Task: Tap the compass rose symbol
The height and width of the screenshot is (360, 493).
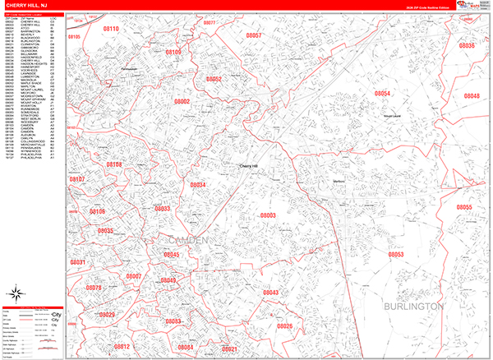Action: (16, 294)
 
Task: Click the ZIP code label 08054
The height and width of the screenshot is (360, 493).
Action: (381, 94)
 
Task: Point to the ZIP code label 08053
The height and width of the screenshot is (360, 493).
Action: (397, 254)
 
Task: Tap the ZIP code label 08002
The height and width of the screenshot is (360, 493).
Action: (182, 102)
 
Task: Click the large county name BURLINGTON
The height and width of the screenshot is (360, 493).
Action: (413, 306)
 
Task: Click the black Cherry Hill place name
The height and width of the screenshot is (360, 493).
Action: (248, 165)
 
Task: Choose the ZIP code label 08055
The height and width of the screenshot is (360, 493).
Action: (464, 207)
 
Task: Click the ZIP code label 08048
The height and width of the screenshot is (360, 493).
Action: (471, 96)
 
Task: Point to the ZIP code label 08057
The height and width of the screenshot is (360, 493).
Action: (253, 36)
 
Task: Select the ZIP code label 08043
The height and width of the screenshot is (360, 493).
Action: (270, 293)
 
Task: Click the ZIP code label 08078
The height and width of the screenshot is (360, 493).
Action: (93, 288)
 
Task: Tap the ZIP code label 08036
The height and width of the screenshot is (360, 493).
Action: (466, 45)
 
